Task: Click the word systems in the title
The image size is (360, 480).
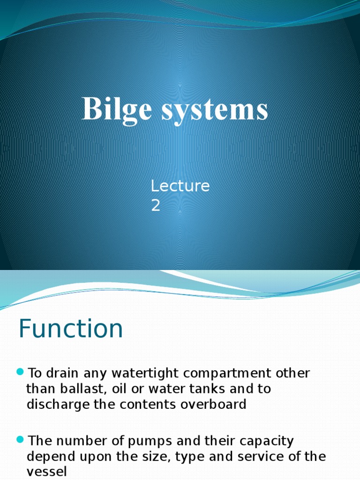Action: tap(215, 110)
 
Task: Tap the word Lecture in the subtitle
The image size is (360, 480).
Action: tap(180, 186)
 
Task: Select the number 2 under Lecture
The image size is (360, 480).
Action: tap(156, 206)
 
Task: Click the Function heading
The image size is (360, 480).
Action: tap(71, 329)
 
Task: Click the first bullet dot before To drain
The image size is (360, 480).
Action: tap(20, 372)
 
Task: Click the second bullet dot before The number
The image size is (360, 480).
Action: tap(20, 439)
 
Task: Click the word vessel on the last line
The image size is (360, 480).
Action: tap(46, 472)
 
